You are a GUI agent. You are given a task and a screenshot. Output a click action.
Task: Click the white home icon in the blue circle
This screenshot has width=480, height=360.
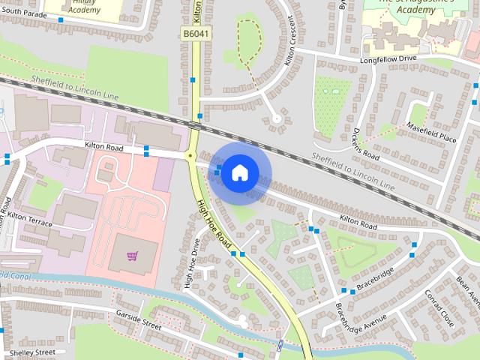tap(238, 172)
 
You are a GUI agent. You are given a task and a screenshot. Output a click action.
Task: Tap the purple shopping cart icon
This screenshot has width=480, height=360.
tap(132, 256)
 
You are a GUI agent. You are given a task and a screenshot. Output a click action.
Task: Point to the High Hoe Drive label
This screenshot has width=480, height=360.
tap(191, 262)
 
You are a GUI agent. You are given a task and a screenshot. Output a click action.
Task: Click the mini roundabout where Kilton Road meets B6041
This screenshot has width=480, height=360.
tap(190, 156)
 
